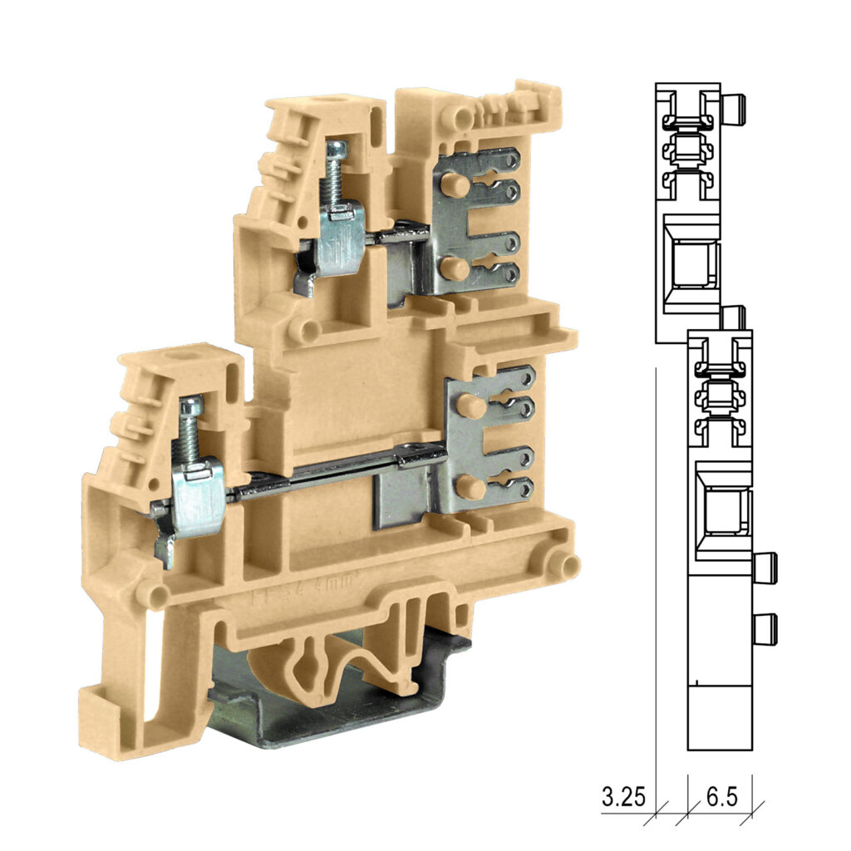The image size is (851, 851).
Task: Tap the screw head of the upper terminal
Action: [x=337, y=150]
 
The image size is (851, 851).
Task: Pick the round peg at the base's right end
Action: [x=568, y=566]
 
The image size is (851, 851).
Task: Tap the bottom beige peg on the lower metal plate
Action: [x=470, y=487]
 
